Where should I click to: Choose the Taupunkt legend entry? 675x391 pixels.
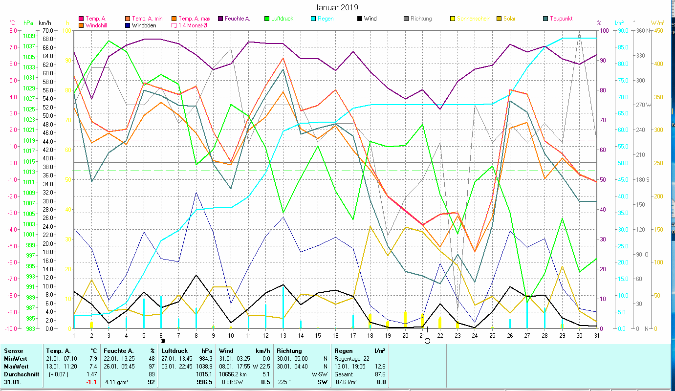[561, 19]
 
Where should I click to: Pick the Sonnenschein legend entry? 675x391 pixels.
[473, 19]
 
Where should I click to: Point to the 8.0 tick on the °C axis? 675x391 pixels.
[13, 30]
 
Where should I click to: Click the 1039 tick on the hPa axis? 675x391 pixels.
[29, 36]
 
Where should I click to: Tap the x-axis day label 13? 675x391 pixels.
[283, 335]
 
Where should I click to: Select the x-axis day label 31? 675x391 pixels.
[596, 335]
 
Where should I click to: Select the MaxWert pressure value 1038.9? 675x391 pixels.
[203, 367]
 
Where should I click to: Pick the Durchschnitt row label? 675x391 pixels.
[19, 374]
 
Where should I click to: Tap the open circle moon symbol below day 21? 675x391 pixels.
[427, 341]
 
